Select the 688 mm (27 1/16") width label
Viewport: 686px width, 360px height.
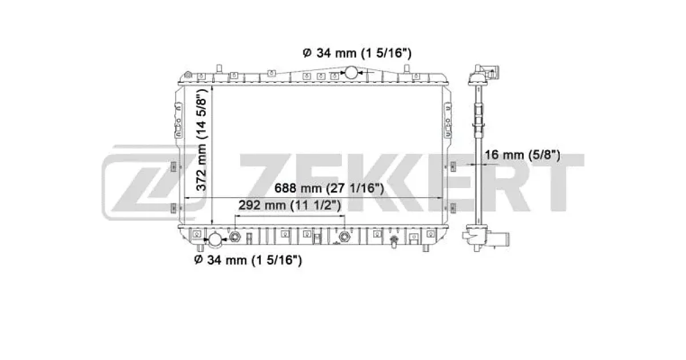click(x=329, y=188)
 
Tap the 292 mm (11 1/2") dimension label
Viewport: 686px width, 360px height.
click(x=290, y=205)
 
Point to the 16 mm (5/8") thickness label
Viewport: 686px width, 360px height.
click(x=522, y=155)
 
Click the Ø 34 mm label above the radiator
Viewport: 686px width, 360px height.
click(x=357, y=53)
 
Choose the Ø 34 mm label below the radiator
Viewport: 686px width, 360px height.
click(x=248, y=260)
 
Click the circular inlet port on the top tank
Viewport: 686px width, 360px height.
click(x=351, y=73)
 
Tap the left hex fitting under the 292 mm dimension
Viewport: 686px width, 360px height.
click(x=235, y=237)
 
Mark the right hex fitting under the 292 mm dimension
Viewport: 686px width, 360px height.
click(x=344, y=237)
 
